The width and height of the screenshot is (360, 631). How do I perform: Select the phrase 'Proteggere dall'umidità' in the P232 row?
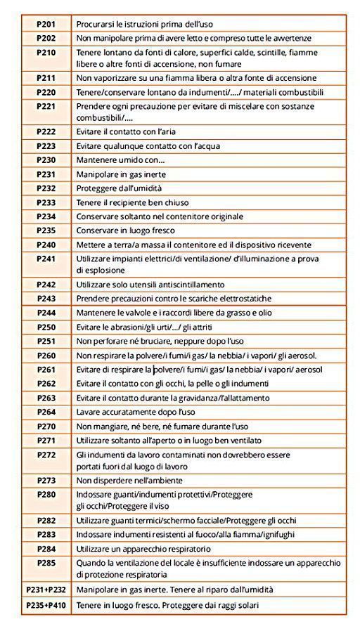(x=119, y=188)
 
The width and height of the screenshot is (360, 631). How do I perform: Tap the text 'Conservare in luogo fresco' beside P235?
(x=125, y=230)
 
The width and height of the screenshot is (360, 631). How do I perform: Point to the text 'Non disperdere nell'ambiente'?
(x=129, y=481)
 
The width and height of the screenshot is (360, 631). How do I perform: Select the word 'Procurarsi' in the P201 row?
(x=95, y=24)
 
